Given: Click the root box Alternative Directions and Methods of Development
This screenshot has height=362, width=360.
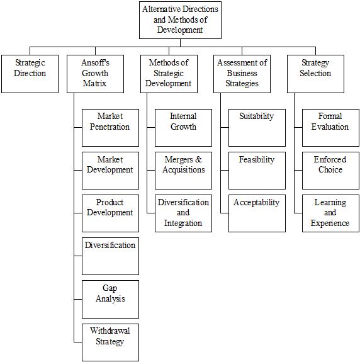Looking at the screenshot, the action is click(x=180, y=20).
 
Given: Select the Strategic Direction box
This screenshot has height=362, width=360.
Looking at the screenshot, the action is click(x=30, y=74).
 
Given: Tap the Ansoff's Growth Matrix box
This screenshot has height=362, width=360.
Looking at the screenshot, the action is click(x=95, y=74).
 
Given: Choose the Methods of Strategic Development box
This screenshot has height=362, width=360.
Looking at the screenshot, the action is click(x=169, y=74).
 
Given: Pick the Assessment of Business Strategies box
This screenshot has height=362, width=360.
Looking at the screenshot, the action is click(x=242, y=74).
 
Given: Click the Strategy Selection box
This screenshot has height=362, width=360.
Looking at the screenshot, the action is click(x=315, y=74).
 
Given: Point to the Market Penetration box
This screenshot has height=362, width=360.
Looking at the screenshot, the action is click(x=110, y=128).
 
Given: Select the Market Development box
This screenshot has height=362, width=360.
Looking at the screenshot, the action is click(x=110, y=171).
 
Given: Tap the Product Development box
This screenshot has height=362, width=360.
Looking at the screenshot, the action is click(x=110, y=213).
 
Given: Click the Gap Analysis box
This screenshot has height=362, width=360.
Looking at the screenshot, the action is click(x=110, y=300).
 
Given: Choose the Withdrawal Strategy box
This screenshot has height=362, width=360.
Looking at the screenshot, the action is click(x=110, y=342).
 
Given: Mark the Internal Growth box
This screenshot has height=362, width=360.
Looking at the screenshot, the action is click(x=184, y=128).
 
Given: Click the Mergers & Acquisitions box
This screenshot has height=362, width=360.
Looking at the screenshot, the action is click(x=184, y=171).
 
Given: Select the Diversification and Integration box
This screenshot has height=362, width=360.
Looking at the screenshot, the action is click(x=184, y=213).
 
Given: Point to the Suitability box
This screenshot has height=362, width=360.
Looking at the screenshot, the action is click(x=257, y=128).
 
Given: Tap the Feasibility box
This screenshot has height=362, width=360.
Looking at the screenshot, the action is click(x=257, y=171).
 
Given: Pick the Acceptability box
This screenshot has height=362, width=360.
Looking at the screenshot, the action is click(x=257, y=213).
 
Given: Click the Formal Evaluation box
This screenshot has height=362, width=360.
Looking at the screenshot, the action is click(x=330, y=128).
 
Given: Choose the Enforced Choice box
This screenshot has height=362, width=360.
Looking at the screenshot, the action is click(x=330, y=171).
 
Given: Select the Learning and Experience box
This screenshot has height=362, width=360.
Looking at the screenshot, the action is click(x=330, y=213).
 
